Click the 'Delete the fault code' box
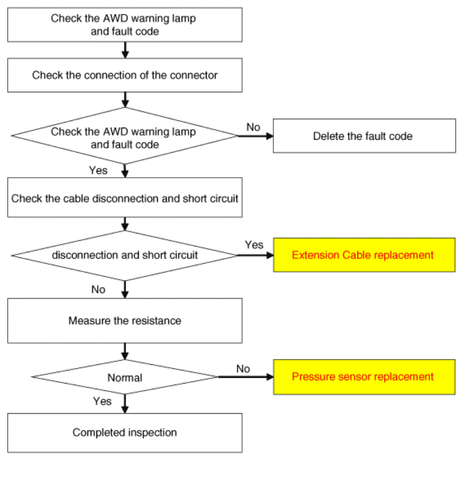click(364, 136)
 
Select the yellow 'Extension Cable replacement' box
click(364, 255)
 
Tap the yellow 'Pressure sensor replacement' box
click(364, 377)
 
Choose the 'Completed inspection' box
click(125, 433)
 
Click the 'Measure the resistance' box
click(125, 320)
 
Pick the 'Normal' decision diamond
click(125, 377)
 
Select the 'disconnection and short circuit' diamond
click(125, 255)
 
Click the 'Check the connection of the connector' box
click(125, 75)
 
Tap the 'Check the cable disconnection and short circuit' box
click(125, 198)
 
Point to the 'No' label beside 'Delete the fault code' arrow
click(253, 127)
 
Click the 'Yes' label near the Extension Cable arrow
click(254, 245)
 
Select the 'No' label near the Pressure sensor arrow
click(243, 369)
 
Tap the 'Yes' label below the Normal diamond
click(102, 401)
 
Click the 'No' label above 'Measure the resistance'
click(98, 289)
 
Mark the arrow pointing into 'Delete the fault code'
click(256, 136)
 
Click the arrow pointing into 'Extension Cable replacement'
click(256, 255)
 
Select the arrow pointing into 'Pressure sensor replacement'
click(246, 377)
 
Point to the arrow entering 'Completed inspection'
click(125, 404)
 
